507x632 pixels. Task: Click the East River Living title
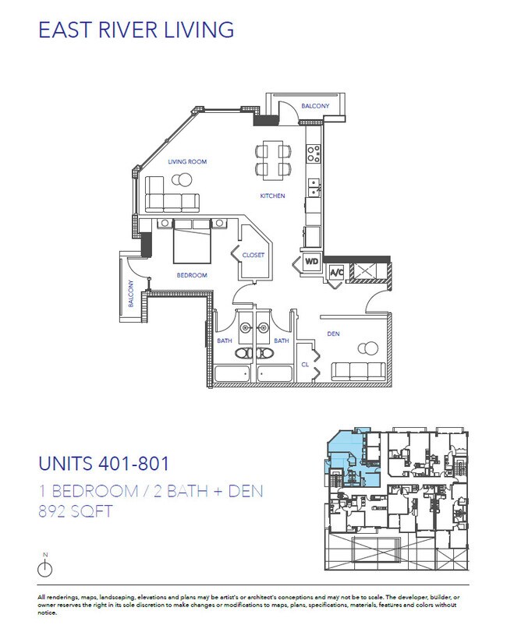136,30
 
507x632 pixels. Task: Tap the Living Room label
187,162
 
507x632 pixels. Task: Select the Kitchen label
272,196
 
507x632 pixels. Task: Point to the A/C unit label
337,273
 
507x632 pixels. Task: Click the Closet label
253,255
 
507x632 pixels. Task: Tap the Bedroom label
192,275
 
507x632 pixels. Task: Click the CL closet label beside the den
305,365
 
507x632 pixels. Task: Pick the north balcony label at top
315,106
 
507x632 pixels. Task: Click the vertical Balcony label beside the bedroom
132,293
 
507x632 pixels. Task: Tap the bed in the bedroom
190,242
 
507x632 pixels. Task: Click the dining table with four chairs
272,159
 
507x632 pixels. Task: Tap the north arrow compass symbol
45,567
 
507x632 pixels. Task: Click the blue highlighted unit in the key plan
340,456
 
